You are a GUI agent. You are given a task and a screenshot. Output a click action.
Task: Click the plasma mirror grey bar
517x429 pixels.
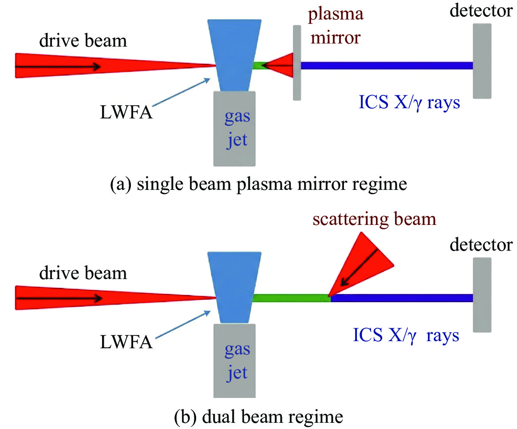point(297,62)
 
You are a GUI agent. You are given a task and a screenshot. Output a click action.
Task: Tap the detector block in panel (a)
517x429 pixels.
point(481,61)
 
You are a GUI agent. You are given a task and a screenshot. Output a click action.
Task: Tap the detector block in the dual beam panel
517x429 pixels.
point(481,295)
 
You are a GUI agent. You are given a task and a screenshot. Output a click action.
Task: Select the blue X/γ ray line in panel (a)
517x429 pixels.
point(386,66)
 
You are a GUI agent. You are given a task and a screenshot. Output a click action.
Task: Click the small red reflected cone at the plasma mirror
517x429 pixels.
point(281,66)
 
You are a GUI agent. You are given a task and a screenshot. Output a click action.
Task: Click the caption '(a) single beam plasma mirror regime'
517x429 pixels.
point(258,183)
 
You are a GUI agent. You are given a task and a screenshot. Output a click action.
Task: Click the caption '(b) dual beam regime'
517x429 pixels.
point(258,417)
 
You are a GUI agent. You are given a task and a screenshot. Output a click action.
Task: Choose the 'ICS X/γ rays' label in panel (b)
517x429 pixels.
point(406,335)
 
